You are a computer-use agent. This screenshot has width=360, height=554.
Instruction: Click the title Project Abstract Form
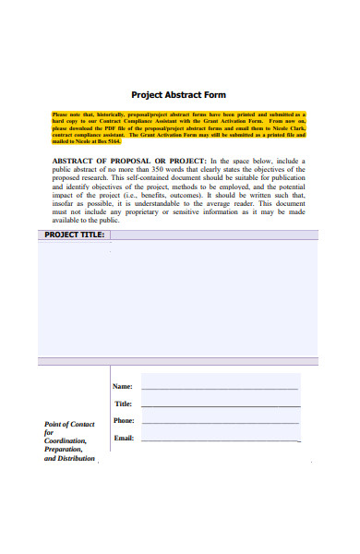pos(178,94)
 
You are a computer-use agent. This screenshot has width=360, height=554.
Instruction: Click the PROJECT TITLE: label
pos(74,235)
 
